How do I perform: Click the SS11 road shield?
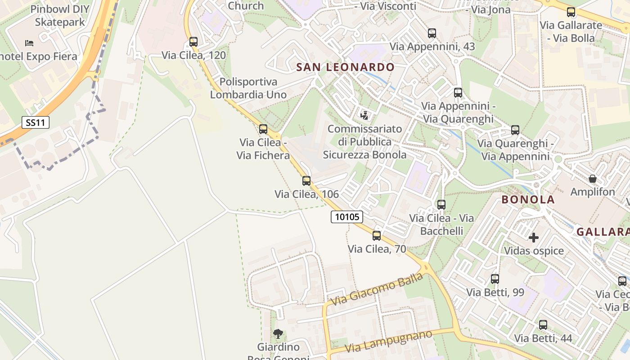point(36,122)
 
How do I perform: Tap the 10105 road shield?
point(347,217)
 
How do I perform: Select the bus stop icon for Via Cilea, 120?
point(193,42)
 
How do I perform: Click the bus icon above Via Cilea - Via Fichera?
point(263,129)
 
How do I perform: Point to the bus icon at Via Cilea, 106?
point(306,181)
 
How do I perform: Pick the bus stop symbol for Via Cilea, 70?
point(377,235)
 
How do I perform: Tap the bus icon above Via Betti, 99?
point(495,279)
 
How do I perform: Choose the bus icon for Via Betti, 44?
point(543,325)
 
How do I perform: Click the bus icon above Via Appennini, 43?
point(432,33)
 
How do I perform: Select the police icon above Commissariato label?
point(364,115)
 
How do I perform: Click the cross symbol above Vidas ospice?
point(534,237)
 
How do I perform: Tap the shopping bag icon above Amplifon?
point(593,179)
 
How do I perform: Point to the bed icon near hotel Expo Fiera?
point(29,43)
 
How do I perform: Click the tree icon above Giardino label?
point(278,333)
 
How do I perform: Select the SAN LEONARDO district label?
point(345,67)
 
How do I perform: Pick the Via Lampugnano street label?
point(388,342)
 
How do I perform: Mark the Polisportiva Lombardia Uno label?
point(248,88)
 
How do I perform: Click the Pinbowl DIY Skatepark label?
point(60,16)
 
